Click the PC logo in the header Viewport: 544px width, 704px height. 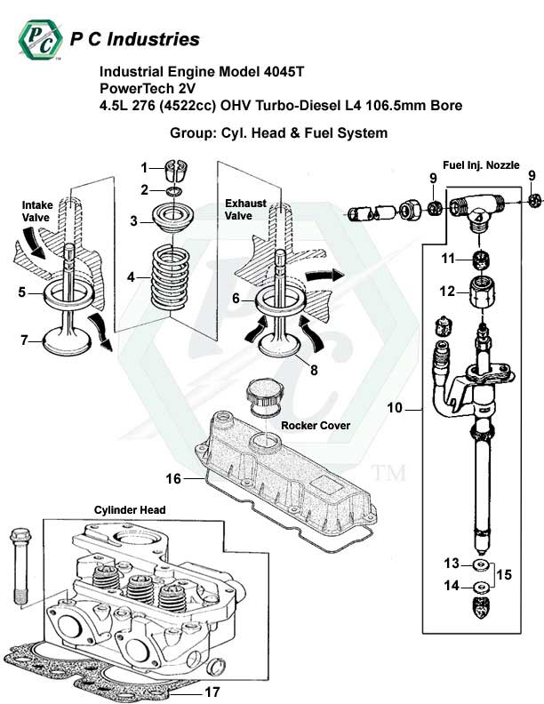40,37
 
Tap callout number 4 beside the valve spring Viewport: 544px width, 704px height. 132,276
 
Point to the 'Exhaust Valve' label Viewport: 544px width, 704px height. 244,210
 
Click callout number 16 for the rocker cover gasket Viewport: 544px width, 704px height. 174,479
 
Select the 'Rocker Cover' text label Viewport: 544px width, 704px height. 315,426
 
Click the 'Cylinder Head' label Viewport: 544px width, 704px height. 130,509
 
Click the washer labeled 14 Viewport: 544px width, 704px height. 481,587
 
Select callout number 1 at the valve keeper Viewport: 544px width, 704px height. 145,167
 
